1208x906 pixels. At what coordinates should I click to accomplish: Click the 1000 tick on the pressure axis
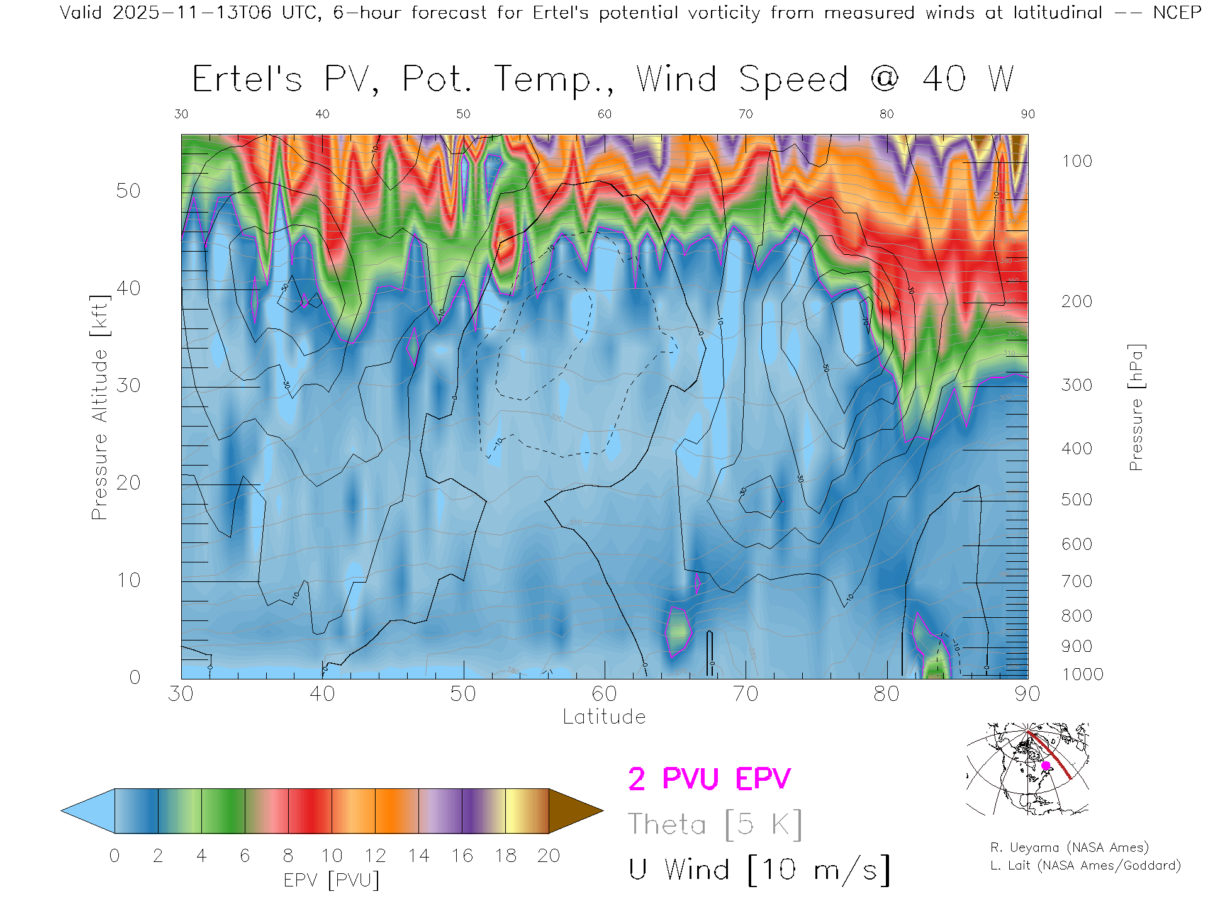(1082, 674)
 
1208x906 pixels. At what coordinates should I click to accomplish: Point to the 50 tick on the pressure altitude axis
(128, 191)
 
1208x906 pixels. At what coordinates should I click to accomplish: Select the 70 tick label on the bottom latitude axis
(746, 694)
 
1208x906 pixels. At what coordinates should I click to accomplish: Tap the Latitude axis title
(604, 717)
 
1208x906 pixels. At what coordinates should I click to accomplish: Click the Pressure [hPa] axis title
(1136, 407)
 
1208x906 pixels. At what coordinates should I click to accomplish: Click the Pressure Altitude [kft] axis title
(99, 407)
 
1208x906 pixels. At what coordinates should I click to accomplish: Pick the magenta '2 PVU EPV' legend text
(709, 779)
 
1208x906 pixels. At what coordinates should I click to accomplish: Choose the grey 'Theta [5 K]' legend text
(715, 824)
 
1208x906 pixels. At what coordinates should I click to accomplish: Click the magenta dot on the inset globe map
(1046, 766)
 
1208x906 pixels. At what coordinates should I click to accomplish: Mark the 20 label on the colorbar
(549, 856)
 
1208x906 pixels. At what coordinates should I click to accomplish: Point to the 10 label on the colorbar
(332, 856)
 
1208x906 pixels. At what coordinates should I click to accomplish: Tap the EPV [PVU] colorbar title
(332, 880)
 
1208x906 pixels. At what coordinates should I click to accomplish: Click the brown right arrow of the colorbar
(576, 811)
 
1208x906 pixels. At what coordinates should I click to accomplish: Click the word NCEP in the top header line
(1177, 13)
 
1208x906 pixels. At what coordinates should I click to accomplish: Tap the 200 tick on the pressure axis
(1077, 301)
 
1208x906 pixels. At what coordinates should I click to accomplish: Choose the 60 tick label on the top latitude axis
(604, 114)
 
